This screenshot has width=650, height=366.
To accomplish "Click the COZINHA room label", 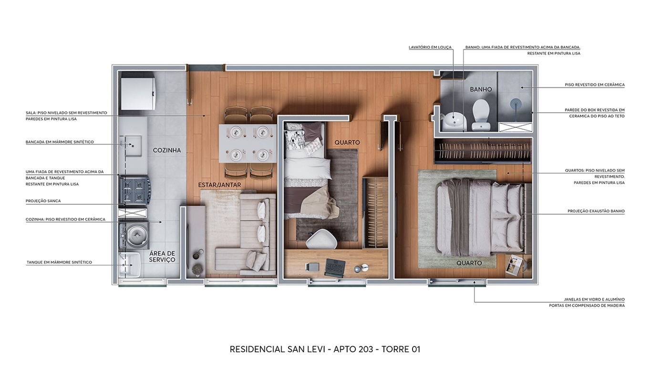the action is coord(166,150).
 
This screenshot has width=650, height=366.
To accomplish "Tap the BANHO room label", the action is coord(481,89).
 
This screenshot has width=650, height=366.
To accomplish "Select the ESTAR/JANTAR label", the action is coord(219,185).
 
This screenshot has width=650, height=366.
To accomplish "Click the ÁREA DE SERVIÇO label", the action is coord(162,257).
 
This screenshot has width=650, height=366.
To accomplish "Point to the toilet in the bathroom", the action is coord(481,115).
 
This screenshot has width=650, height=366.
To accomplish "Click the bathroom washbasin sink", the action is coord(454,121).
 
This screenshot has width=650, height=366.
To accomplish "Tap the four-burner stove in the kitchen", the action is coord(134,190).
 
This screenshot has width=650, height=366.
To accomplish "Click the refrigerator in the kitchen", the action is coord(137,90).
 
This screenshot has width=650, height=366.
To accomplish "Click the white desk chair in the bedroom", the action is coord(321,239).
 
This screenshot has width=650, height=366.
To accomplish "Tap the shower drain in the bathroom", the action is coord(515,102).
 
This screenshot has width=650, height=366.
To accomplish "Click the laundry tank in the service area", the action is coord(130,264).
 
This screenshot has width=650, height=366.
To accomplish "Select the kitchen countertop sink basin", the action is coord(134,146).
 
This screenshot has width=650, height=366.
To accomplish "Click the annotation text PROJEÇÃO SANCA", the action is coord(43,201).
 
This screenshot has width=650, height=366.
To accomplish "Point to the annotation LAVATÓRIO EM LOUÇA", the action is coord(430,47).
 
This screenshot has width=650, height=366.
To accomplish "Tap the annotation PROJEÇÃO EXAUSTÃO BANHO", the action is coord(596,211).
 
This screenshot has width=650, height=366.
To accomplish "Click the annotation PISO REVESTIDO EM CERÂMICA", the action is coord(595,85).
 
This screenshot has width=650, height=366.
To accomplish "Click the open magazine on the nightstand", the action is coord(514,264).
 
